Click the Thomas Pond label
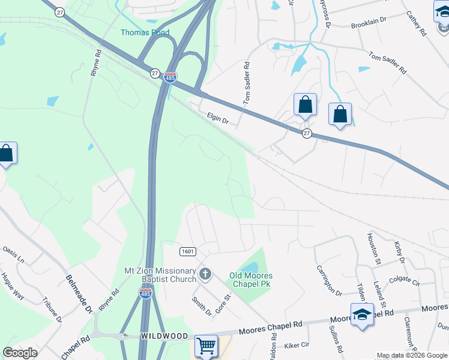tap(145, 32)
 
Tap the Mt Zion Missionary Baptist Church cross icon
tap(205, 275)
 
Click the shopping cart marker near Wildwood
tap(206, 346)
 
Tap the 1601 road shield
tap(187, 251)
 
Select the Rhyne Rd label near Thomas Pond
tap(96, 62)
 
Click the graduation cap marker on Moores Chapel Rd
tap(363, 315)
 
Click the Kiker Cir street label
tap(297, 346)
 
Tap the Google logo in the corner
tap(20, 353)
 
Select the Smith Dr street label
tap(202, 306)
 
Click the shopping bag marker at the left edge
tap(7, 154)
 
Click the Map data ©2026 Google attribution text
tap(412, 355)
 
